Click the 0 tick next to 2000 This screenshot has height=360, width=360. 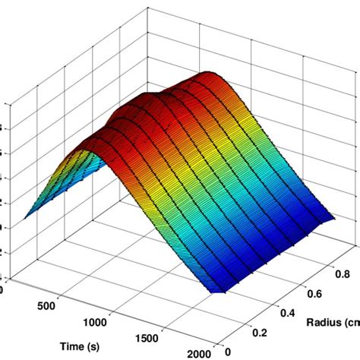pos(229,352)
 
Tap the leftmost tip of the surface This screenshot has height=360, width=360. pos(24,218)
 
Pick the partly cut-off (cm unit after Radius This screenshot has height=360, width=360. pos(353,321)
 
